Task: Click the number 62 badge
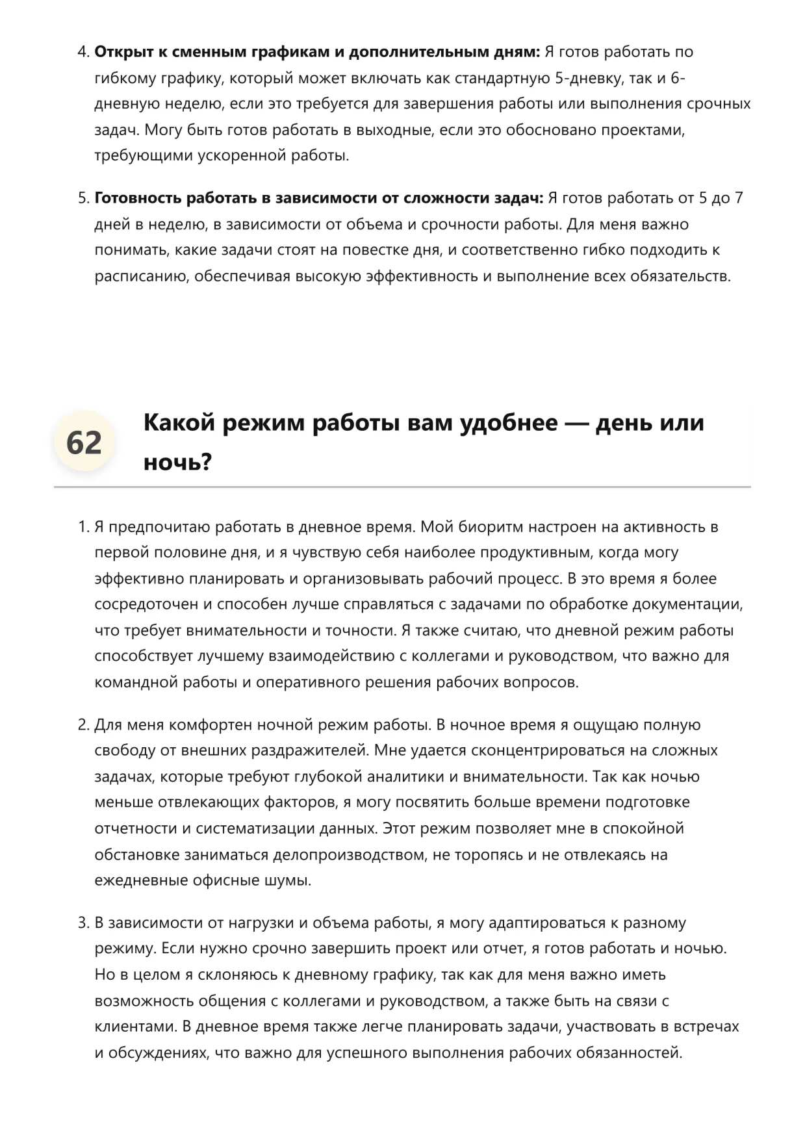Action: click(x=84, y=442)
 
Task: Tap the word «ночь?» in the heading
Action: click(x=177, y=463)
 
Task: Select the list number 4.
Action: click(x=83, y=52)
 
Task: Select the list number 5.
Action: click(x=83, y=198)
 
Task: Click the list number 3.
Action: click(x=83, y=923)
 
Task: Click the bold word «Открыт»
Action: click(x=124, y=52)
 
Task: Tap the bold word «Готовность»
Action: click(x=138, y=198)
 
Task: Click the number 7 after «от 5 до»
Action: click(x=739, y=198)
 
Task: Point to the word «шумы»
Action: click(x=292, y=880)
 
